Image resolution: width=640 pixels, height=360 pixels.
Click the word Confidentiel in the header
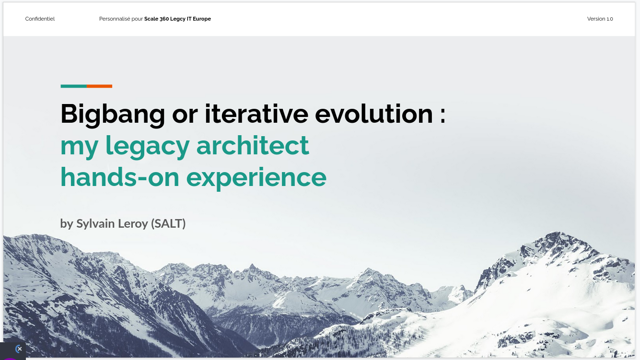click(40, 19)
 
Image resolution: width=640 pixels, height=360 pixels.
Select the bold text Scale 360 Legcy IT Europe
click(177, 19)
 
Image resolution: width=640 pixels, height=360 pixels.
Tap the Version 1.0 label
click(600, 19)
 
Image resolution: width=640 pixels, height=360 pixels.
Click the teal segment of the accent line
click(73, 86)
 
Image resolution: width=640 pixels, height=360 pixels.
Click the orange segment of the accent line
click(100, 86)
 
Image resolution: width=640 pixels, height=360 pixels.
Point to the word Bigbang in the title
click(113, 114)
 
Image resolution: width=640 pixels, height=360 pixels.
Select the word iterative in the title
click(256, 114)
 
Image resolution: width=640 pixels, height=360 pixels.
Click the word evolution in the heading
click(374, 114)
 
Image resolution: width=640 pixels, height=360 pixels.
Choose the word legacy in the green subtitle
click(146, 146)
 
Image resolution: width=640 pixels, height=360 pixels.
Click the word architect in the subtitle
click(253, 145)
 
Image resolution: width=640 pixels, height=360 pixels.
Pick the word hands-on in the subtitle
click(120, 177)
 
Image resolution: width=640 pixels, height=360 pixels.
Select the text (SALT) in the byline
click(168, 224)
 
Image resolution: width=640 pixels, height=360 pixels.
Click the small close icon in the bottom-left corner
click(19, 349)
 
